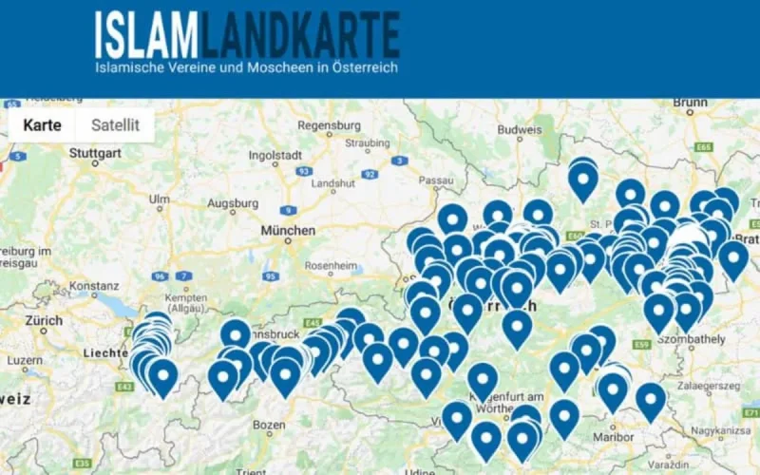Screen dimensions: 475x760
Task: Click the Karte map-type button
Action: [x=43, y=124]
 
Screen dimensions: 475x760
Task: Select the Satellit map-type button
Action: [x=115, y=124]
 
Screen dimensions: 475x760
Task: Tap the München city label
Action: [x=287, y=231]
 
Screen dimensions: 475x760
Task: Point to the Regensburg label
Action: [x=329, y=125]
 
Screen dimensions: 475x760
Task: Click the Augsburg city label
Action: [x=233, y=203]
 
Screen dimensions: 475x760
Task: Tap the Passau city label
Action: [x=437, y=180]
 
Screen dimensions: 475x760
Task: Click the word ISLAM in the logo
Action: [x=146, y=36]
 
